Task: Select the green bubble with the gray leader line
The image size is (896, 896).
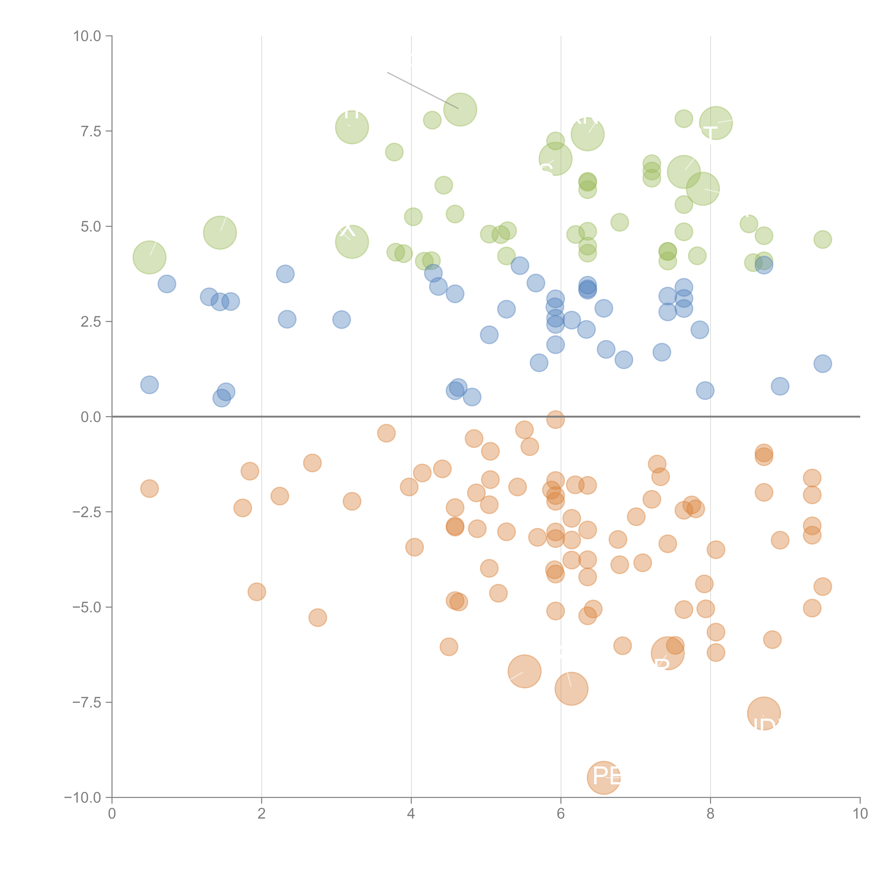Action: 460,109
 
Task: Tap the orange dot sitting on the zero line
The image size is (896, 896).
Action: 555,419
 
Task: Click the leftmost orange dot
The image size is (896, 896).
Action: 149,488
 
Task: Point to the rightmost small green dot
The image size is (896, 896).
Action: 822,239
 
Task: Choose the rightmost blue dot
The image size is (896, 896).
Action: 822,364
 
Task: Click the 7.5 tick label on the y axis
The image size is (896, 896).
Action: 91,131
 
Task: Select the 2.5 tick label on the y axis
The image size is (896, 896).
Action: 91,321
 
